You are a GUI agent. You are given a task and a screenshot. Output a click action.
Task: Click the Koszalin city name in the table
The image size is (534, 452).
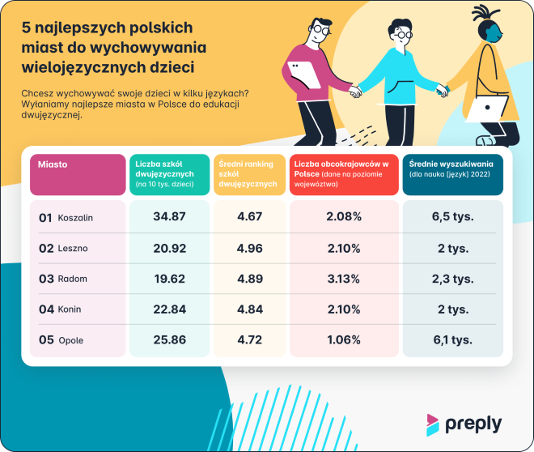click(76, 218)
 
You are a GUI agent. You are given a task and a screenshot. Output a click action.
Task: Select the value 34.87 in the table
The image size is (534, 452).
click(169, 217)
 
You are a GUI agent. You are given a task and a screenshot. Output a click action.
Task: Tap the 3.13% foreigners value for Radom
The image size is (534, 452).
click(343, 279)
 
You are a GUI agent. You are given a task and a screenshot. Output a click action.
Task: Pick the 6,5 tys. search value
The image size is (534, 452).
click(452, 217)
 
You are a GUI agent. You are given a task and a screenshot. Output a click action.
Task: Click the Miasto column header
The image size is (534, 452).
click(53, 164)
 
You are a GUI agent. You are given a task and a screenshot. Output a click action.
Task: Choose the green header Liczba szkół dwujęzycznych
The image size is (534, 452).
click(168, 173)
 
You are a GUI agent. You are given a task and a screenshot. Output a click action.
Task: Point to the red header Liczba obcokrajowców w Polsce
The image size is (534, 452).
click(343, 173)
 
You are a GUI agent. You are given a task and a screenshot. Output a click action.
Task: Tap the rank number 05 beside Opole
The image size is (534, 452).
click(45, 340)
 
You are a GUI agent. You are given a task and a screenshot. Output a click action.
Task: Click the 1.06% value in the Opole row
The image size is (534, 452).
click(343, 339)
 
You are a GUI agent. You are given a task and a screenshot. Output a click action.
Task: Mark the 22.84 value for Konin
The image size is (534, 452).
click(169, 309)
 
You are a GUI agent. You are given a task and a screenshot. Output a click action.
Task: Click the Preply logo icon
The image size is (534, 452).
click(434, 424)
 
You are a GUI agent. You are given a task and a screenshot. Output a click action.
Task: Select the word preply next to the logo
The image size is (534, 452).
click(473, 424)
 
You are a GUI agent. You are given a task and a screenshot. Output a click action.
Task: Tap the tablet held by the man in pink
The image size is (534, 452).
click(303, 76)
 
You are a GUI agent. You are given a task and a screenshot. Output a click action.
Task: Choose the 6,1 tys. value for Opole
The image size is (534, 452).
click(452, 339)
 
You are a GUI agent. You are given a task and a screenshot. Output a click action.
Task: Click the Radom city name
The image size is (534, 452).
click(73, 279)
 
